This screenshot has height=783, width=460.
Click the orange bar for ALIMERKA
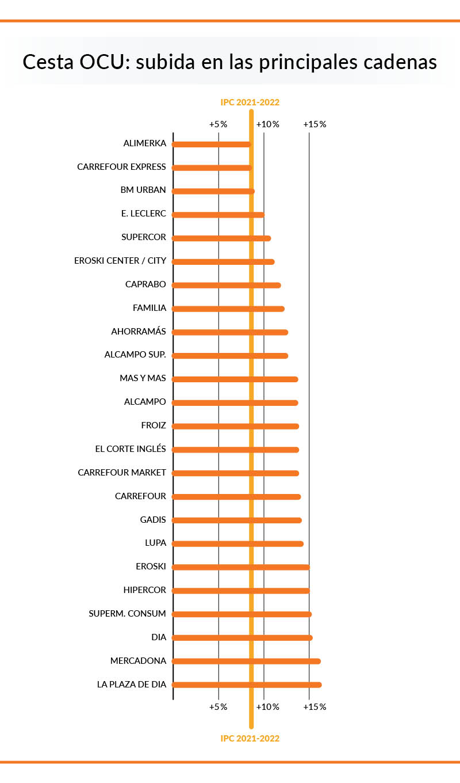click(211, 144)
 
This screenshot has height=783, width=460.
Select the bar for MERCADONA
click(246, 661)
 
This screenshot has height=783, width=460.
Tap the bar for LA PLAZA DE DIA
click(247, 685)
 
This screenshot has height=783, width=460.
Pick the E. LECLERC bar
click(218, 215)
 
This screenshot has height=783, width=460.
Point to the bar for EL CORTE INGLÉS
click(235, 450)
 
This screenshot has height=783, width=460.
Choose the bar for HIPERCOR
click(240, 591)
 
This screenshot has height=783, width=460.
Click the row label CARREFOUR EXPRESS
click(121, 167)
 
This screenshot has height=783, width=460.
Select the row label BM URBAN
click(143, 190)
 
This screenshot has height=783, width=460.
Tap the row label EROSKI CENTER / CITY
click(120, 261)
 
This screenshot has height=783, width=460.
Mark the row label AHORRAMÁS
click(139, 332)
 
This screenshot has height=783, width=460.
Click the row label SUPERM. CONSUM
click(127, 614)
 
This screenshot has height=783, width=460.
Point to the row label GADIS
click(153, 520)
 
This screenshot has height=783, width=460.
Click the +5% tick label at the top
click(218, 124)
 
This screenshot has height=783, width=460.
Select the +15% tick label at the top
click(315, 124)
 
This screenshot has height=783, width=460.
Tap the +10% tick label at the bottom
click(268, 707)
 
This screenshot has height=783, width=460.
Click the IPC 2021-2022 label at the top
click(250, 102)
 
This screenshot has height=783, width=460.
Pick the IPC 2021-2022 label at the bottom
click(250, 738)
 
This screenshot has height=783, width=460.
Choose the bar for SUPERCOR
click(221, 238)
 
